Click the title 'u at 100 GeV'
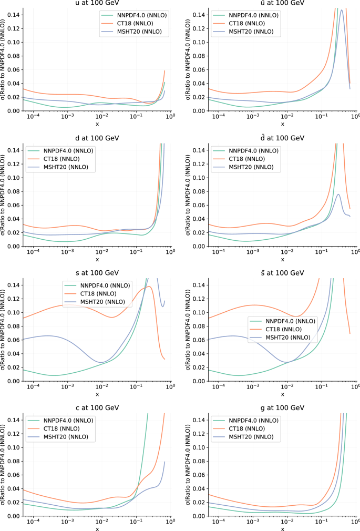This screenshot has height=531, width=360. point(97,3)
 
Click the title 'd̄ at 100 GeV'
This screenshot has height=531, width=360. point(282,138)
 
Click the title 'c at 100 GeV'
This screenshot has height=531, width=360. point(97,408)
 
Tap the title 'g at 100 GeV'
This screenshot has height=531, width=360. point(282,408)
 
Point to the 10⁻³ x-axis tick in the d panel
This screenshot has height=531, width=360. point(67,253)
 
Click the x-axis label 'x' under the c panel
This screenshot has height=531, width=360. point(97,528)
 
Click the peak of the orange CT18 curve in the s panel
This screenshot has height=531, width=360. point(150,287)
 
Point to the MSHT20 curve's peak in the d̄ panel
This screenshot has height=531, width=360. point(338,195)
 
